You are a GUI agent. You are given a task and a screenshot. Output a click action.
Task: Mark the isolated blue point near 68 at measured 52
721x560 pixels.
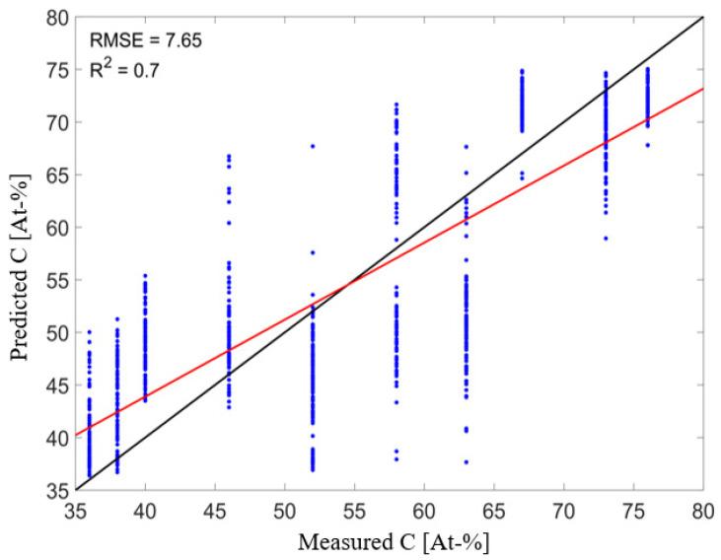[x=313, y=146]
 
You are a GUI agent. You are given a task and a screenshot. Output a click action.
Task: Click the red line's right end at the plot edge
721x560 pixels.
[x=702, y=89]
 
